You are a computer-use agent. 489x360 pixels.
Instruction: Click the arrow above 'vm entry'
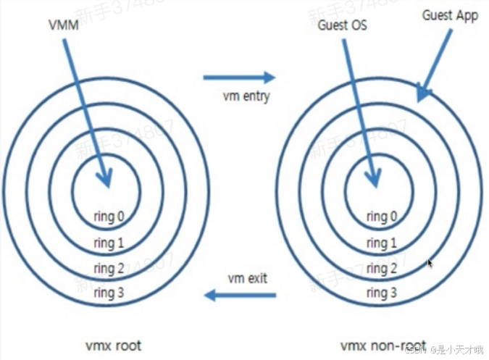coord(239,77)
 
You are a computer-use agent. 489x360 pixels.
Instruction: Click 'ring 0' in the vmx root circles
coord(109,215)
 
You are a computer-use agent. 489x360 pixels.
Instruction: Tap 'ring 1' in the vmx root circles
coord(109,243)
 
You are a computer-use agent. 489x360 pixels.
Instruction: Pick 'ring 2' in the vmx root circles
coord(109,269)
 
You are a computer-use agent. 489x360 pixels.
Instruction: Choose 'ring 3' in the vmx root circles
coord(109,293)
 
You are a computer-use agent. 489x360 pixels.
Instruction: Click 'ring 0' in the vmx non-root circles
coord(381,216)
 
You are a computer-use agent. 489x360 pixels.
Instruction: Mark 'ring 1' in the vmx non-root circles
coord(381,243)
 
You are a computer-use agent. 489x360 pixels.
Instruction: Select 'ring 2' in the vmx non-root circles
coord(381,269)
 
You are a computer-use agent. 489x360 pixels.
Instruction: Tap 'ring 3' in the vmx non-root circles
coord(381,293)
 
